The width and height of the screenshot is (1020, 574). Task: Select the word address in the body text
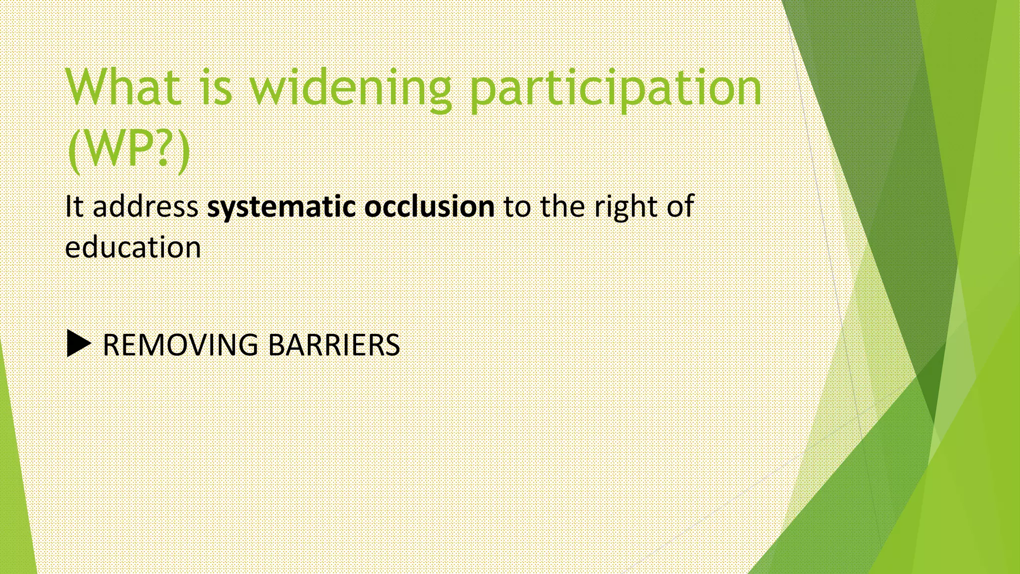pos(145,206)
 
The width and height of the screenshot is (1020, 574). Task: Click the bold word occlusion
pos(429,206)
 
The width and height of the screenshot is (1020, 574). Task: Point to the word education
pos(133,247)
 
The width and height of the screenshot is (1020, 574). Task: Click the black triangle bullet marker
pos(78,344)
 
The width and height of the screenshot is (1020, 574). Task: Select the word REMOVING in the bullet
pos(180,345)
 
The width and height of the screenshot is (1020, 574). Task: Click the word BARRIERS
pos(334,345)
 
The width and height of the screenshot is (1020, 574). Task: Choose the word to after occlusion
pos(517,207)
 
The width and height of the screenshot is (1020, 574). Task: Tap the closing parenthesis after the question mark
pos(183,149)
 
